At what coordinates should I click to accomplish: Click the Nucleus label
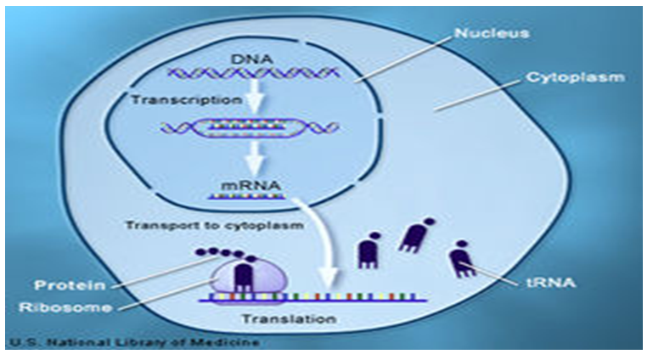492,34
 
